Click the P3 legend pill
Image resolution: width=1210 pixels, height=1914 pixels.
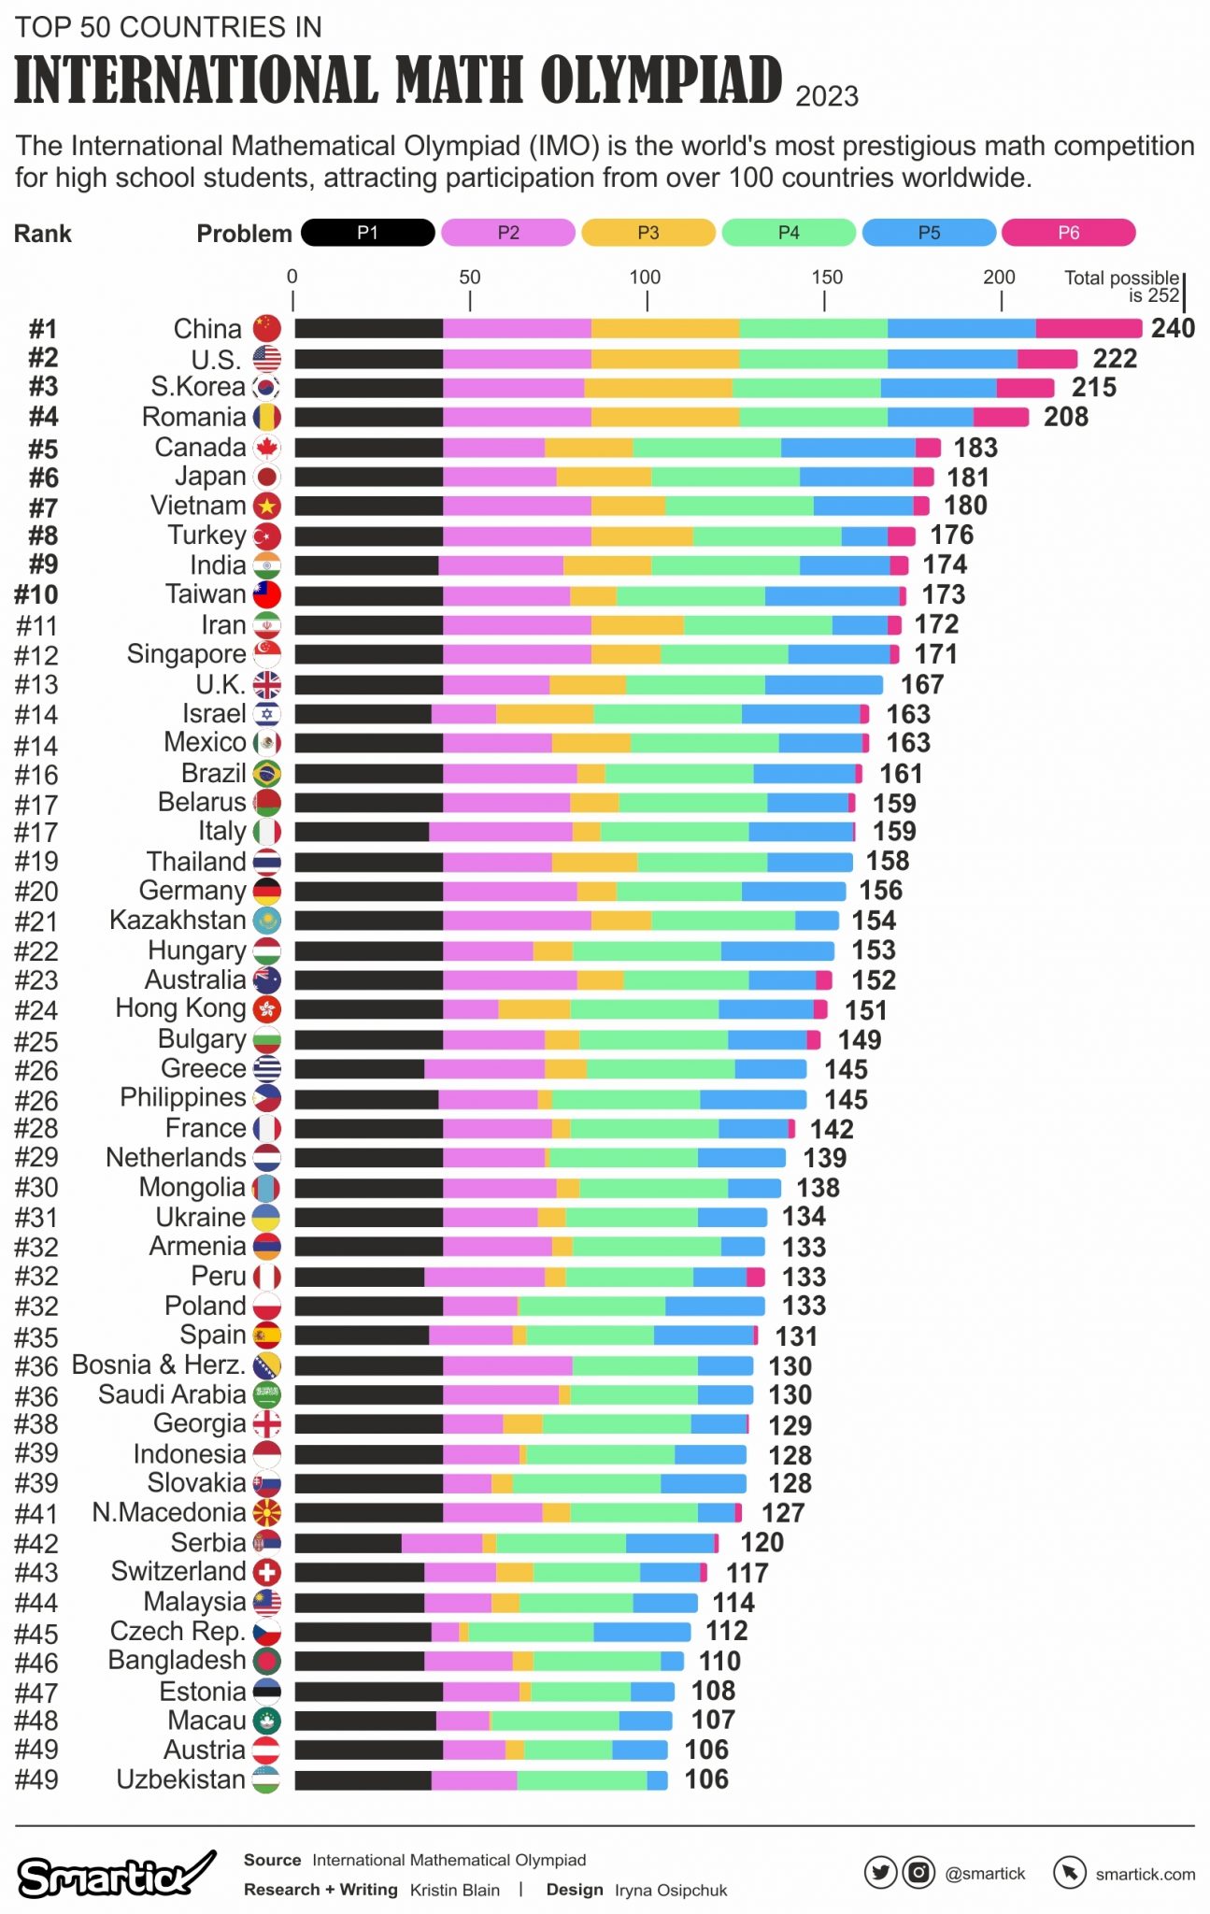pos(648,233)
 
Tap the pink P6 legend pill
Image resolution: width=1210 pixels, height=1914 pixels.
pos(1068,233)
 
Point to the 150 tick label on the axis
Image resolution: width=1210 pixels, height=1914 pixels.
pos(826,278)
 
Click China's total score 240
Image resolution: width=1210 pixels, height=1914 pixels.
pos(1173,328)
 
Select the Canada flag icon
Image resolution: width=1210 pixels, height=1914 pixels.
pos(267,448)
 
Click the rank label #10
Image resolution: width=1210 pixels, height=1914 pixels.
pos(36,594)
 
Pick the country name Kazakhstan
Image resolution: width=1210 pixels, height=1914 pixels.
pos(178,921)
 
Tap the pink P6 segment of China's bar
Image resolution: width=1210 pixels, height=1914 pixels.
pos(1089,328)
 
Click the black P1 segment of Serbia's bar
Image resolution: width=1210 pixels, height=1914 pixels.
pos(348,1543)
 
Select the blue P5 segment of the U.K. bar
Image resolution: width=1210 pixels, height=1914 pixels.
pos(823,685)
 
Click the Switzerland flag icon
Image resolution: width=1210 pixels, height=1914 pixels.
pos(267,1573)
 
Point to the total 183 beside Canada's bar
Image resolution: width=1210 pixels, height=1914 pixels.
pos(975,448)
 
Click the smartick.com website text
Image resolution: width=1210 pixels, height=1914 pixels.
pos(1145,1874)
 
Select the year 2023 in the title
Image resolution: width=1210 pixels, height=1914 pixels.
pos(826,96)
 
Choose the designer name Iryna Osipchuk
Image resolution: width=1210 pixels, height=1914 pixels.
pos(670,1890)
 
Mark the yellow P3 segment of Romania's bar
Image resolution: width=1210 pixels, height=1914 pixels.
pos(664,417)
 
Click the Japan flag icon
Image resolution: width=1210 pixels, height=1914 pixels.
pos(267,478)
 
